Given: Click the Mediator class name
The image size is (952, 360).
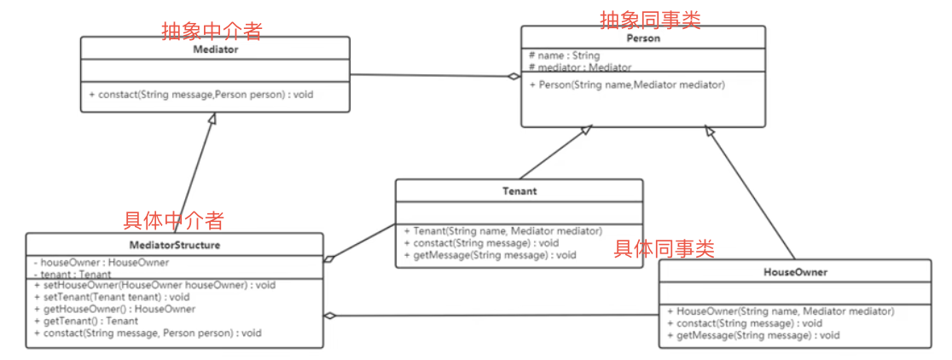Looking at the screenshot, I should (x=215, y=49).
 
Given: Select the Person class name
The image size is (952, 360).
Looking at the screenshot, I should (x=643, y=38).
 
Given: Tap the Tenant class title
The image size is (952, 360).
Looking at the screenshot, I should (x=520, y=191).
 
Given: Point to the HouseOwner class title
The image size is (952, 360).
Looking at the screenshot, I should (x=795, y=272).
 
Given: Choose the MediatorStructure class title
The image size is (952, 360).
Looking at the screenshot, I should (x=175, y=245).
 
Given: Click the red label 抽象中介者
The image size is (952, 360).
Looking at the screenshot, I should (x=212, y=31).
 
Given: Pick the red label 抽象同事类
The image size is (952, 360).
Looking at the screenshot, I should (x=650, y=20).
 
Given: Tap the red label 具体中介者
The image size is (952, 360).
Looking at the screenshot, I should (x=173, y=221).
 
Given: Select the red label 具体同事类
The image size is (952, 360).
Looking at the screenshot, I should (x=665, y=249).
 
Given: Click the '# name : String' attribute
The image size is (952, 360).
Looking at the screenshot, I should (x=564, y=55).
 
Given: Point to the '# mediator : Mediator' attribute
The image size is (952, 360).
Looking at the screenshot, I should (x=580, y=67).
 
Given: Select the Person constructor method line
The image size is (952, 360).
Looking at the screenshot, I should (x=627, y=85).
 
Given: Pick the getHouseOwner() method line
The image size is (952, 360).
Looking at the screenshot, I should (x=114, y=309).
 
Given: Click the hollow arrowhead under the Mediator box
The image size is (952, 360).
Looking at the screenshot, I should (x=212, y=119).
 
